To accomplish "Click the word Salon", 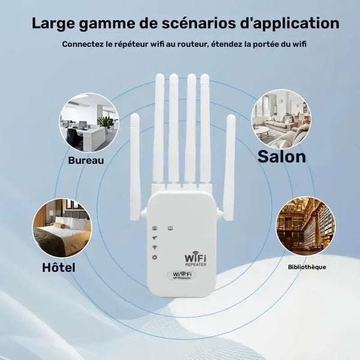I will [x=281, y=157].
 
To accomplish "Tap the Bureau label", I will [x=86, y=160].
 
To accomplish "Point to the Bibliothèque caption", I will [x=307, y=266].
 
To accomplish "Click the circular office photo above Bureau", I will [x=89, y=122].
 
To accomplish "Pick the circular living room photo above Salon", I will [x=280, y=119].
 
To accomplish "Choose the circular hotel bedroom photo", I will [x=62, y=228].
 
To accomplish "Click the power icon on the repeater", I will [x=155, y=257].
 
